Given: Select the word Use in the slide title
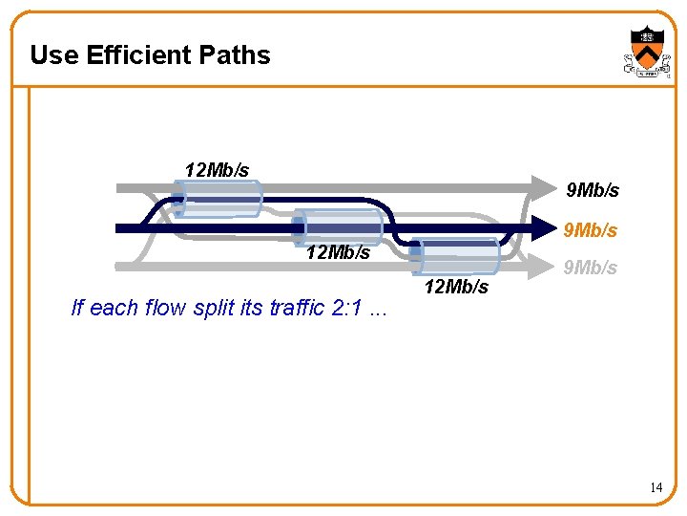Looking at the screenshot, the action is [53, 55].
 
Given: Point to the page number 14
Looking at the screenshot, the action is [656, 487].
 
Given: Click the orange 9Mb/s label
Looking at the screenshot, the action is [591, 230].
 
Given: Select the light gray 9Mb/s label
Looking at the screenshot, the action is [591, 268].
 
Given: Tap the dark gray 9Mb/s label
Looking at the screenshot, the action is [593, 190].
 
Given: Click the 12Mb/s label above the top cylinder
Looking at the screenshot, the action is [217, 169].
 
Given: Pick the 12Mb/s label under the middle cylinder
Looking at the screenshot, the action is [338, 252].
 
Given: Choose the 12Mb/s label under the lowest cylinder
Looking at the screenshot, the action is [456, 286].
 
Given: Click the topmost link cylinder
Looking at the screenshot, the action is [219, 200].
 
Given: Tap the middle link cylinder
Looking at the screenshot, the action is [339, 226].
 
